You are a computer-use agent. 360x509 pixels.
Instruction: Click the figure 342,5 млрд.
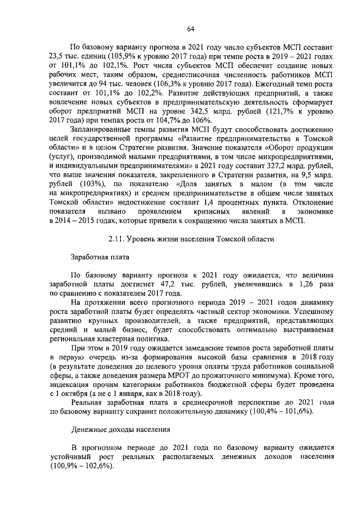[218, 110]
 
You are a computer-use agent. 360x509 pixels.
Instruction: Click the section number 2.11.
[116, 238]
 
